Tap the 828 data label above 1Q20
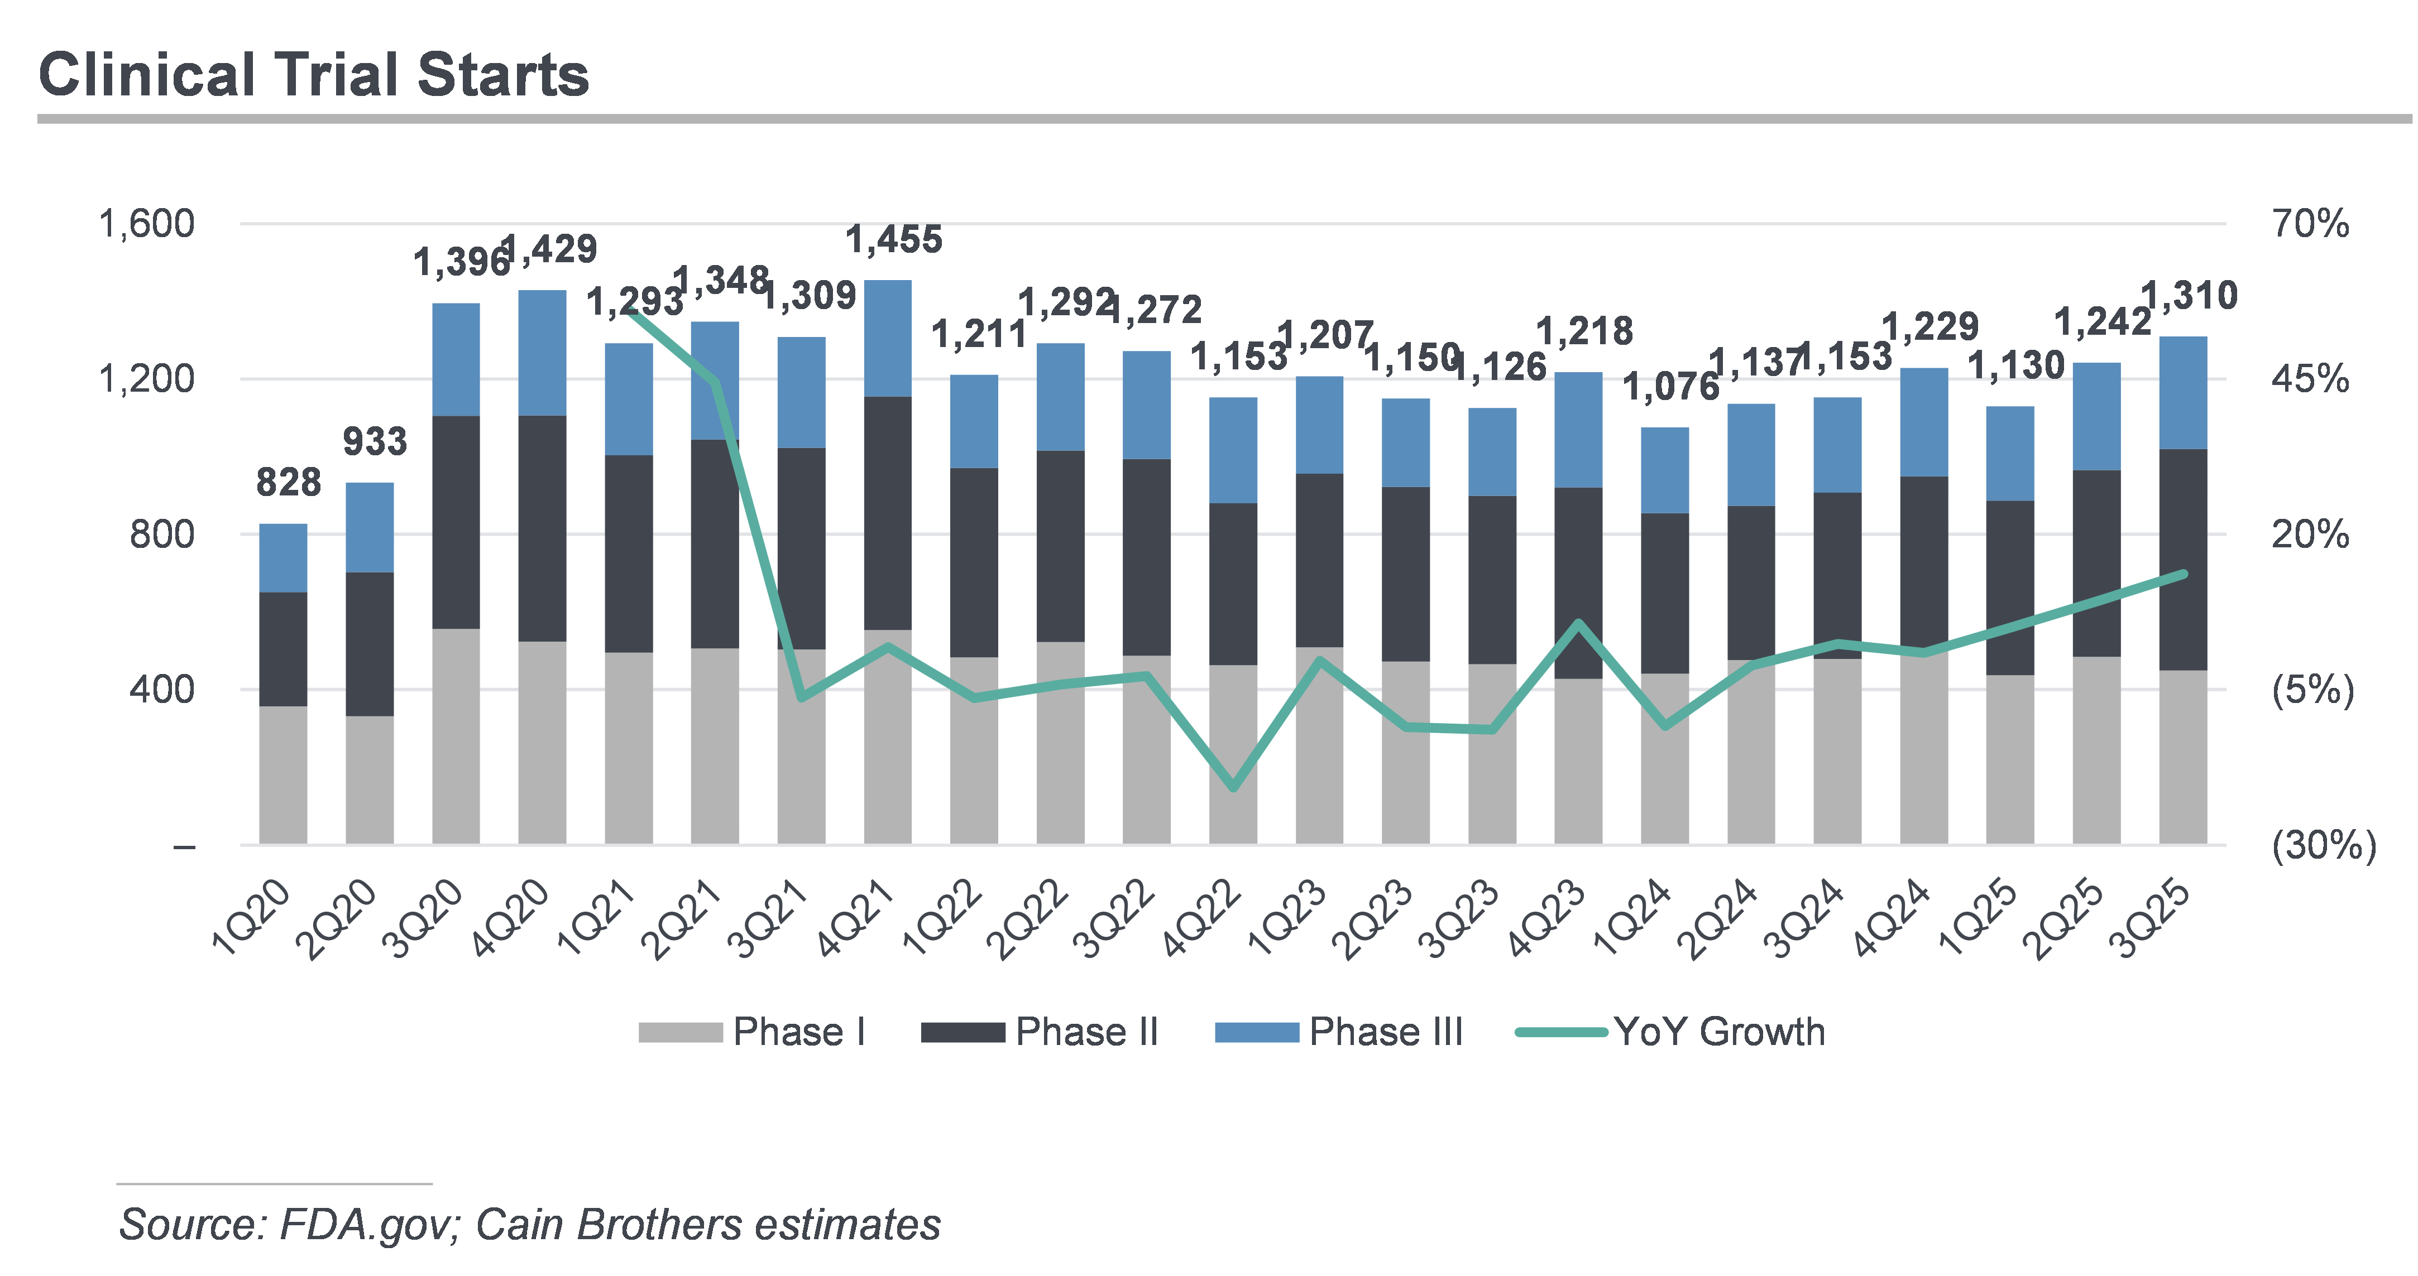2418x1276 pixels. [x=288, y=482]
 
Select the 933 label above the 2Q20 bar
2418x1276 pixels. [x=375, y=441]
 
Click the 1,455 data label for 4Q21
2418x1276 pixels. [x=894, y=240]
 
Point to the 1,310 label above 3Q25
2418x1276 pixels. [x=2189, y=296]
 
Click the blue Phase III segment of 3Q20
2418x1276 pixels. [x=456, y=359]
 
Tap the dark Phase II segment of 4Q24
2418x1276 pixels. [x=1923, y=563]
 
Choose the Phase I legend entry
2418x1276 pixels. [x=751, y=1032]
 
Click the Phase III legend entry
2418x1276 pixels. [x=1339, y=1032]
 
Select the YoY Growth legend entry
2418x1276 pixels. [x=1671, y=1032]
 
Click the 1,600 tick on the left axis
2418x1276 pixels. [x=146, y=224]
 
